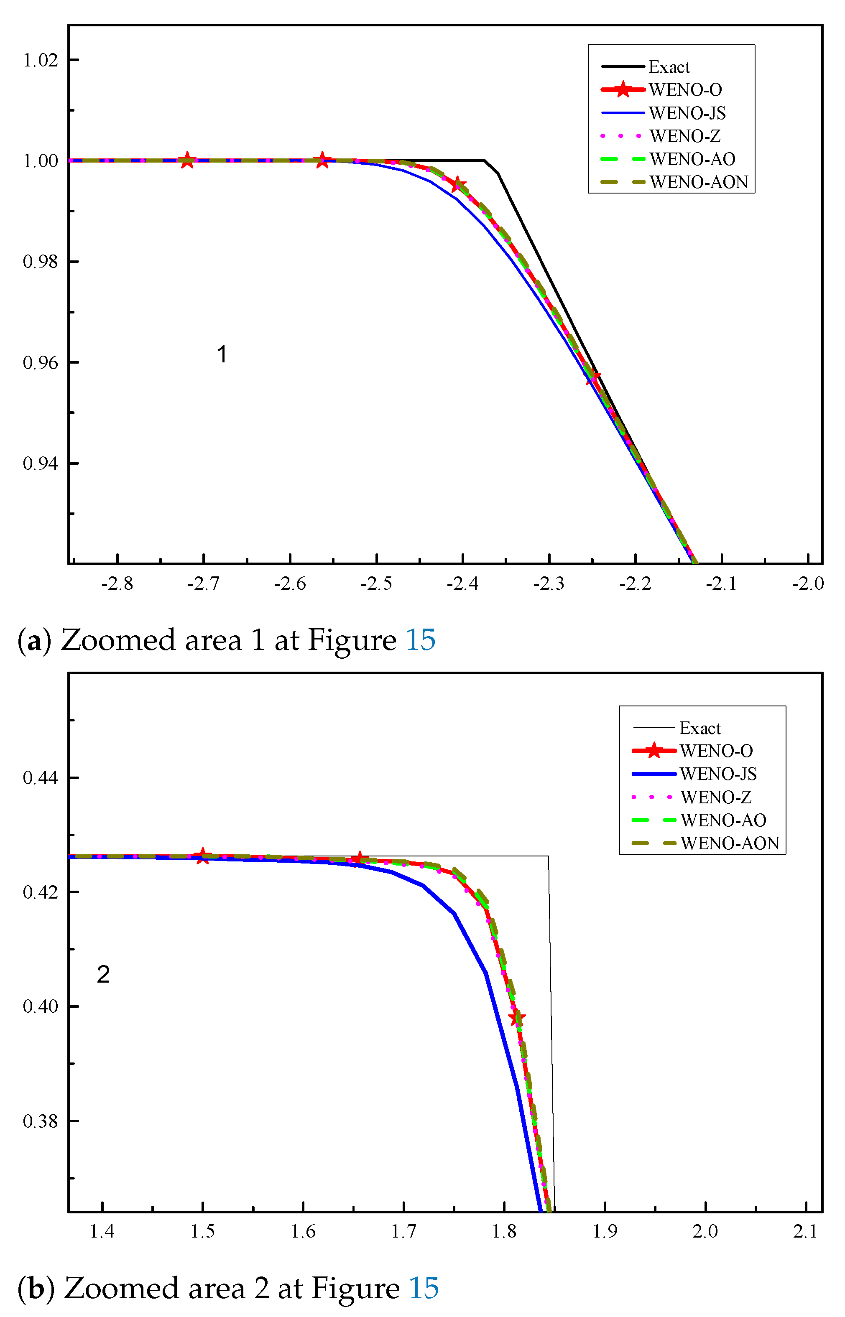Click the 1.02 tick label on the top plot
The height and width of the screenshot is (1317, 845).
pyautogui.click(x=41, y=60)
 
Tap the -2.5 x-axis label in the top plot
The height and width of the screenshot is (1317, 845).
pyautogui.click(x=376, y=583)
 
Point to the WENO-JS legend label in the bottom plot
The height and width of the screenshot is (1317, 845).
pyautogui.click(x=718, y=774)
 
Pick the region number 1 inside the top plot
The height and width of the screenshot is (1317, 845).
pyautogui.click(x=222, y=354)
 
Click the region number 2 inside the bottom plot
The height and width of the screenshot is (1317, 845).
pyautogui.click(x=103, y=975)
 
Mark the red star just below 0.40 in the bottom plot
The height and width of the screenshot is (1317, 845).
pyautogui.click(x=517, y=1019)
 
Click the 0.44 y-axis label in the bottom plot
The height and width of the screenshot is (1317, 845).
pyautogui.click(x=41, y=778)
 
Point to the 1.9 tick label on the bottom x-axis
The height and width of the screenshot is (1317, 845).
pyautogui.click(x=605, y=1231)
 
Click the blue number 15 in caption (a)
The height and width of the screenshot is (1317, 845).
pyautogui.click(x=420, y=640)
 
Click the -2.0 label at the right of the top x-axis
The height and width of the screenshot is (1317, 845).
pyautogui.click(x=808, y=583)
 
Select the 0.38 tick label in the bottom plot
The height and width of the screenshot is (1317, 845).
pyautogui.click(x=41, y=1121)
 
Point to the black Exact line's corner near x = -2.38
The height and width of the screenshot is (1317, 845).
pyautogui.click(x=485, y=161)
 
